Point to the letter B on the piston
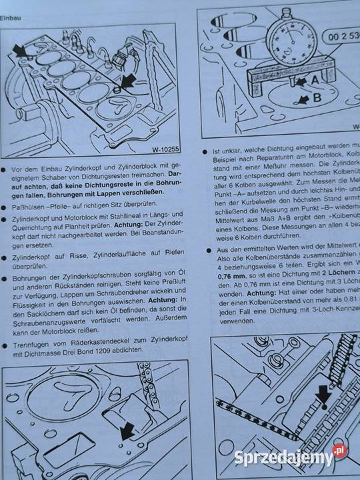pos(317,96)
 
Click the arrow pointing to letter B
pos(301,99)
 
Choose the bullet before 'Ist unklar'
pos(207,152)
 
